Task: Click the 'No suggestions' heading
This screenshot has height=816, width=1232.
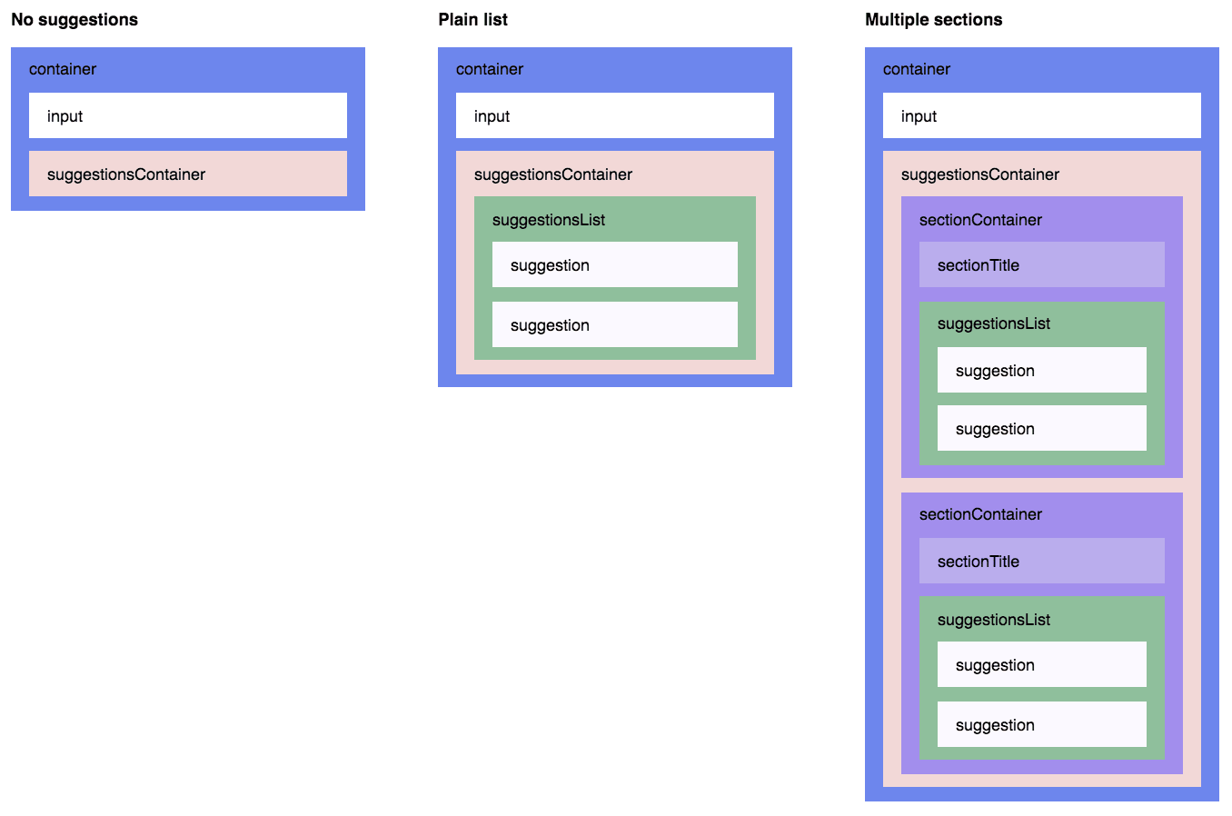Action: (x=75, y=20)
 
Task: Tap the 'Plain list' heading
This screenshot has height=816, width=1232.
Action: (x=472, y=20)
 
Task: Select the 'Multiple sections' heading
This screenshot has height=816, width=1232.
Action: (x=933, y=20)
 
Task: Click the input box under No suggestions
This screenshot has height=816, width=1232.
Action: (x=188, y=115)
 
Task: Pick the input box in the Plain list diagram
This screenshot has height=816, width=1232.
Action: (x=615, y=115)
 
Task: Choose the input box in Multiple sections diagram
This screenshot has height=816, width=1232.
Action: (x=1042, y=115)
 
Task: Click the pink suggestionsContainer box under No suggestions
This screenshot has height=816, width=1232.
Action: (x=188, y=174)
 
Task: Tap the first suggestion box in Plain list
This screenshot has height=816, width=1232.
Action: (x=615, y=264)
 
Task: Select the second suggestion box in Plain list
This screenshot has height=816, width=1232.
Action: (x=615, y=324)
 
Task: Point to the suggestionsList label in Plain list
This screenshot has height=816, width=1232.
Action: (x=548, y=220)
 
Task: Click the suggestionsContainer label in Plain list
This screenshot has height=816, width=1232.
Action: (x=552, y=174)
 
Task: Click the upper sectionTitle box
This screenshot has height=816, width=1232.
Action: (x=1042, y=264)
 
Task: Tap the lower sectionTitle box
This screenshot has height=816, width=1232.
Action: (x=1042, y=561)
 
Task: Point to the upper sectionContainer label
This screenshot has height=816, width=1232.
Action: (x=980, y=220)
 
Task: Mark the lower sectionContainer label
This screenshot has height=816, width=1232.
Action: (x=980, y=514)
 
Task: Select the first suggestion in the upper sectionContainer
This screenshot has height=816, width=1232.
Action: (x=1042, y=370)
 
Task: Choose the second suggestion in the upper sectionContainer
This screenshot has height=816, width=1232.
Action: (x=1042, y=428)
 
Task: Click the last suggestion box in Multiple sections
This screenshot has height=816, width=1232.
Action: (x=1042, y=724)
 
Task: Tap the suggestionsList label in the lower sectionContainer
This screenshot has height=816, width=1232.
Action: (x=993, y=620)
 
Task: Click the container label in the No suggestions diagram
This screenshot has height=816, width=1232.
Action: (x=63, y=69)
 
